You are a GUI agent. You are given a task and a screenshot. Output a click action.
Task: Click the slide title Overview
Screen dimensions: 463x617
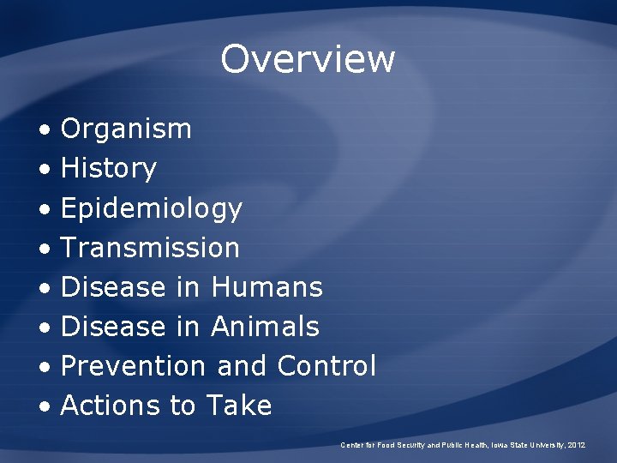click(308, 59)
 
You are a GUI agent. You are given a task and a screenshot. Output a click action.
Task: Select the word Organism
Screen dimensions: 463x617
click(126, 129)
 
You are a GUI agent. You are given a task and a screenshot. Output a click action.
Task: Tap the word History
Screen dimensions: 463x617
click(109, 169)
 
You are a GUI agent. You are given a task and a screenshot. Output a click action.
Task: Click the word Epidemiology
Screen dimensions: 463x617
click(152, 208)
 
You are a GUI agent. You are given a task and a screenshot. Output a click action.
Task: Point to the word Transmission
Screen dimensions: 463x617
click(150, 248)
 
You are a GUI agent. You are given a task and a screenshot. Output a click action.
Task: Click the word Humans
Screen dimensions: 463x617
click(267, 287)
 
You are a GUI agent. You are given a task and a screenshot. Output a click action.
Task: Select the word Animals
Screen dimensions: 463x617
click(265, 327)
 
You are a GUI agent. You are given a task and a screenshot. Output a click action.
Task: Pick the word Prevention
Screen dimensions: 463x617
click(133, 366)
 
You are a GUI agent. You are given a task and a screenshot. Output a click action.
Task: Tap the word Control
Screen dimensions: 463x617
click(326, 366)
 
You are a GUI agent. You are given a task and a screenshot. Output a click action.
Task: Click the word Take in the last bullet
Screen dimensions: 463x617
click(238, 406)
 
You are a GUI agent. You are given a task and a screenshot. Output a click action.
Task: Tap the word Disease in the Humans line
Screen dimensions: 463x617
click(113, 287)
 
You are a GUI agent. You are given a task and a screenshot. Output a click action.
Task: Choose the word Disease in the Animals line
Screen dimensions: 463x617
click(113, 327)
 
